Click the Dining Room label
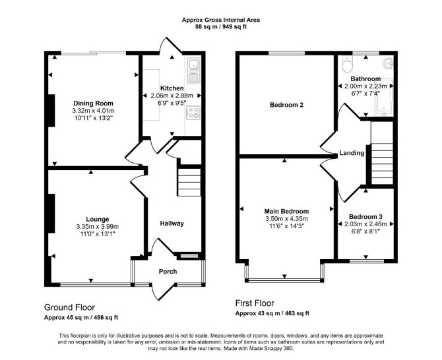click(93, 103)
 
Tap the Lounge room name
click(97, 219)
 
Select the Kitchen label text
click(172, 88)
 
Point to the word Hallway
click(172, 224)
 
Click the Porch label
click(168, 272)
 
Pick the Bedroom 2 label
click(287, 105)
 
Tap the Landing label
click(352, 153)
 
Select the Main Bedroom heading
click(286, 211)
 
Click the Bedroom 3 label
click(365, 217)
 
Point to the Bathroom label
click(365, 79)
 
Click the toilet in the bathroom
click(347, 63)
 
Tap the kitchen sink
click(193, 71)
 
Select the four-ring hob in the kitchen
click(193, 112)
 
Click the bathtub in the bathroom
click(384, 97)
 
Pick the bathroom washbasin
click(389, 63)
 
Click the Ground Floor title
click(69, 307)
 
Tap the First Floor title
click(255, 303)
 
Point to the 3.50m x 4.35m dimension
click(286, 219)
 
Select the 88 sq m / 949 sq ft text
click(221, 27)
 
